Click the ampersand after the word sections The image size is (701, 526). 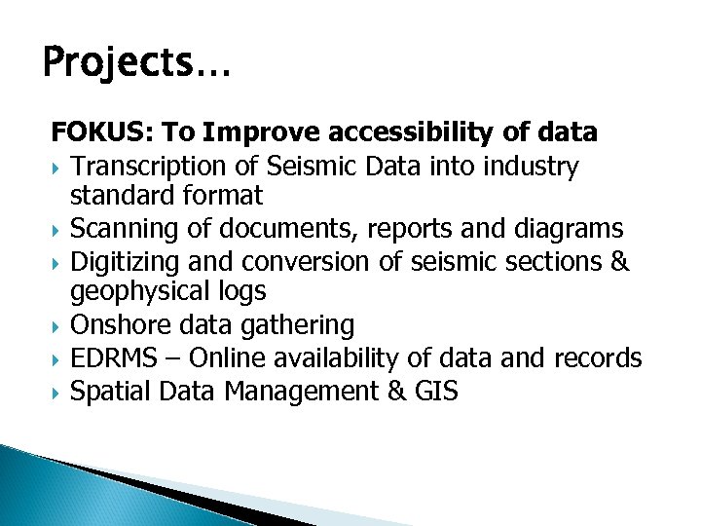click(x=621, y=262)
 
